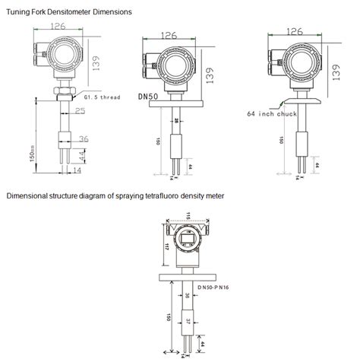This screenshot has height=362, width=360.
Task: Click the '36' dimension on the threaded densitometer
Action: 84,138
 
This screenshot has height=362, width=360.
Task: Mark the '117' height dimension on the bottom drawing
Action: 168,246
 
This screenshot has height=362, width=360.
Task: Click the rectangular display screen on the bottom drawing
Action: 188,243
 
